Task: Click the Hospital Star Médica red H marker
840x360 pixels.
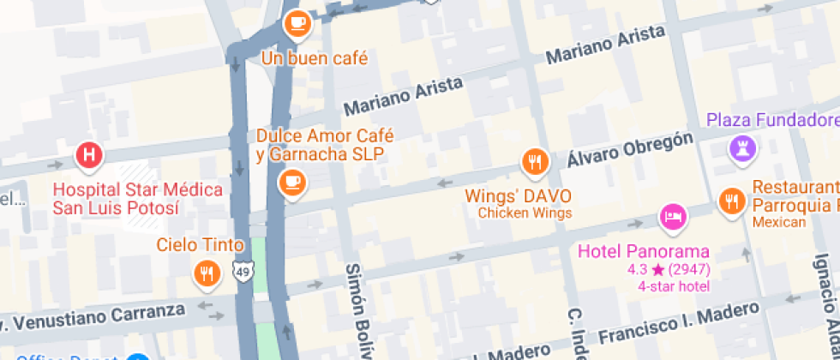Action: coord(89,156)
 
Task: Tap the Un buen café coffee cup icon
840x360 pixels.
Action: coord(297,23)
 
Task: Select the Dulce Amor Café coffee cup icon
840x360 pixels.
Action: coord(292,182)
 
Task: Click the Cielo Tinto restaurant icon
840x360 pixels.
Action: coord(206,273)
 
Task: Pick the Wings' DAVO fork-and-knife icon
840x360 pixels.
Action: coord(536,160)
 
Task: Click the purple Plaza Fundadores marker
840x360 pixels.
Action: coord(742,148)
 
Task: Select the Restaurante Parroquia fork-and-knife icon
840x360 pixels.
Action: coord(731,201)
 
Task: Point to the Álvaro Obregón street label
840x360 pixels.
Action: coord(629,151)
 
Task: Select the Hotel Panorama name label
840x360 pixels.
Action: coord(644,252)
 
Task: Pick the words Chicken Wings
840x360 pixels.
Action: coord(524,213)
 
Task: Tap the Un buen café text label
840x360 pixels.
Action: coord(315,59)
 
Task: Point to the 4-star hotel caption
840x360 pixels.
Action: coord(674,285)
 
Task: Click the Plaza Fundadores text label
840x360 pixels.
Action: coord(772,119)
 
